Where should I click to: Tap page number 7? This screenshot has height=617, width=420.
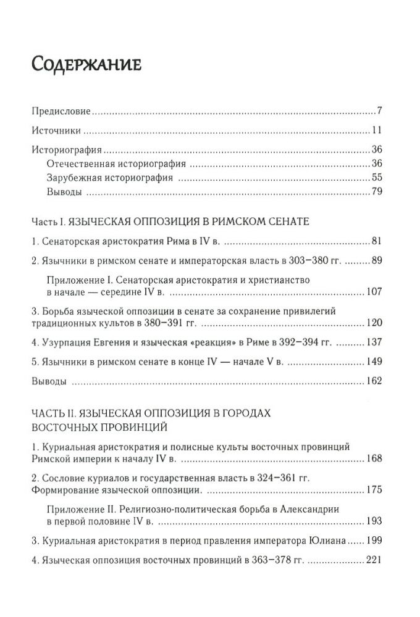coord(382,112)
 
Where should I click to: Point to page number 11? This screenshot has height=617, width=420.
coord(380,131)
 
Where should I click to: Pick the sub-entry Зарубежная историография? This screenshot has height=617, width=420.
coord(109,178)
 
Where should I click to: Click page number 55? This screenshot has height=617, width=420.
coord(379,178)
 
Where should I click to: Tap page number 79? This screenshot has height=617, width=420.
coord(379,193)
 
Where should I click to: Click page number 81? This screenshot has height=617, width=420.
coord(379,241)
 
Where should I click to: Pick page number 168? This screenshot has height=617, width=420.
coord(376,458)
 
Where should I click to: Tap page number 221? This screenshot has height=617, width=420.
coord(376,561)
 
